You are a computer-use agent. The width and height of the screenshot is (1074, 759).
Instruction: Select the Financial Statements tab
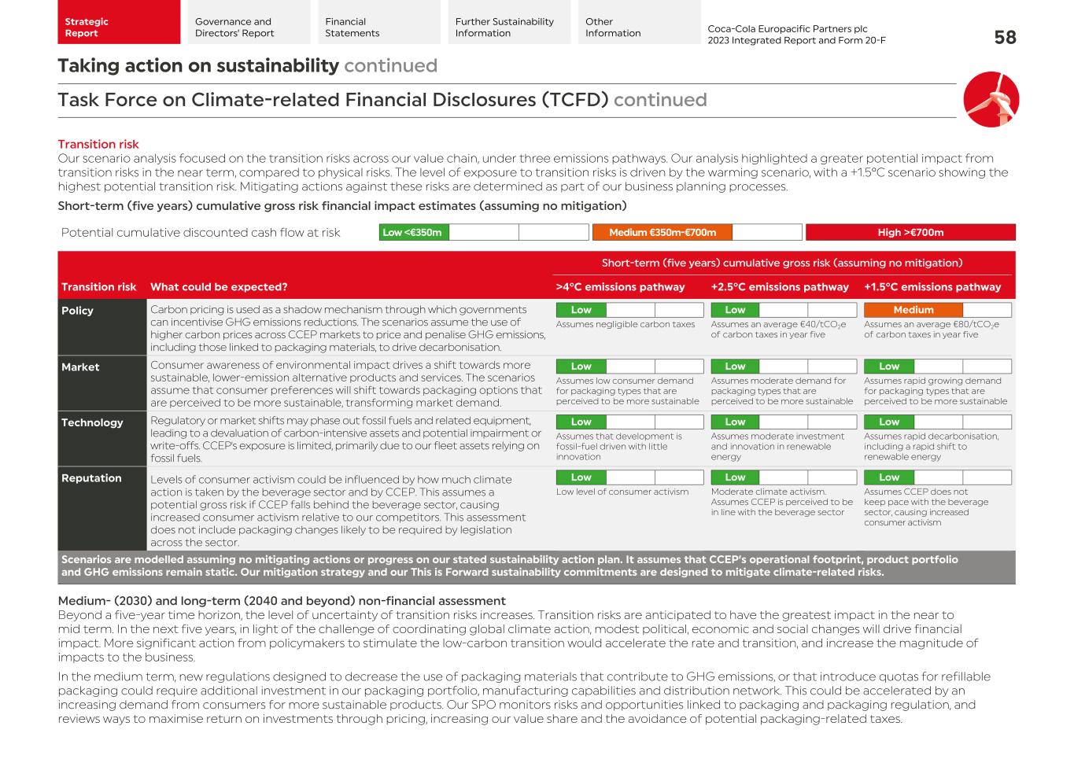pos(352,28)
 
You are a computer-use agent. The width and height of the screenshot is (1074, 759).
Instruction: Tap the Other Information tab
pos(613,28)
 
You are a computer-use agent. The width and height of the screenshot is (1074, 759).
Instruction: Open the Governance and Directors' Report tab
pos(234,28)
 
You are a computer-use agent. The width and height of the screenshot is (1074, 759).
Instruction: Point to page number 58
pos(1005,37)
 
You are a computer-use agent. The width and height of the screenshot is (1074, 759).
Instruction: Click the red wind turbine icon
pos(991,100)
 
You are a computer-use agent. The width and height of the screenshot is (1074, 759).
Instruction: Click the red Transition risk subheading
pos(98,144)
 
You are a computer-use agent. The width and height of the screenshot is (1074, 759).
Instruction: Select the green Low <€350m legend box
pos(413,232)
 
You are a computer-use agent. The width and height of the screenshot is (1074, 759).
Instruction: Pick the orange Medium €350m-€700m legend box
pos(662,232)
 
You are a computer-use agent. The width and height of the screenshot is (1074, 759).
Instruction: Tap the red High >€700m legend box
pos(910,232)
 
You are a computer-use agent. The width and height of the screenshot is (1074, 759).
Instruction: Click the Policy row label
pos(77,311)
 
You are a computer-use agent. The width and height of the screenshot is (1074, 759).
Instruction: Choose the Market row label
pos(80,367)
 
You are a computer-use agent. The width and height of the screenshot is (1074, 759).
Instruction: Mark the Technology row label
pos(92,422)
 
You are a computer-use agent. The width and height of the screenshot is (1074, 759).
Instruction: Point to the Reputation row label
pos(91,478)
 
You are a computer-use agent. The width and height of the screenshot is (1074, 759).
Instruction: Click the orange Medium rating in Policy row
pos(913,310)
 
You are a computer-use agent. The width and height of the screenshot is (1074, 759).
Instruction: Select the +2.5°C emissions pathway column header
pos(780,287)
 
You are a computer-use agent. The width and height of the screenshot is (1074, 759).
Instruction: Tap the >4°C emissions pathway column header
pos(620,287)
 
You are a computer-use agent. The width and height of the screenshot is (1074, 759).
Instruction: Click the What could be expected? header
pos(219,287)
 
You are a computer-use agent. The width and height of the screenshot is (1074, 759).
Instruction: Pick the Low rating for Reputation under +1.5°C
pos(888,477)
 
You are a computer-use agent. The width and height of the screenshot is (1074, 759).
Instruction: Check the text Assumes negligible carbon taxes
pos(626,324)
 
